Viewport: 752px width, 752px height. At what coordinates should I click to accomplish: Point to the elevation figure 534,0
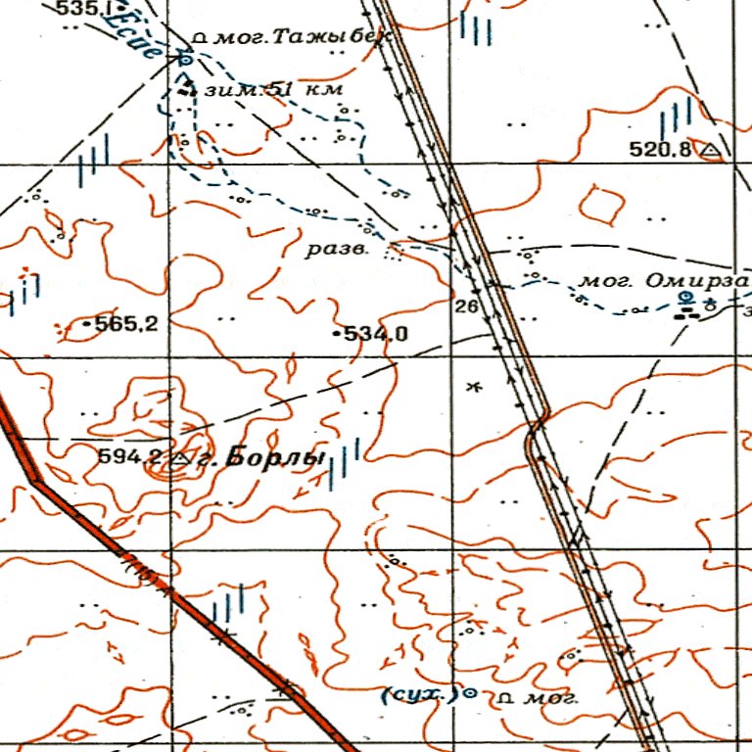pos(375,335)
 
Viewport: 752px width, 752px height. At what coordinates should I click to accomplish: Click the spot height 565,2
pos(125,324)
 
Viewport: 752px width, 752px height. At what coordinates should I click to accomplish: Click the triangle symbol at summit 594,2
pos(179,457)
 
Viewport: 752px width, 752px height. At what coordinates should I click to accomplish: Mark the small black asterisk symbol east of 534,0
pos(475,388)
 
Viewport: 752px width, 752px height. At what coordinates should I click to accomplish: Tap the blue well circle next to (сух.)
pos(468,693)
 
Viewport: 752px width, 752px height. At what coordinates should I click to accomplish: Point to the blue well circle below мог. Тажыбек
pos(184,60)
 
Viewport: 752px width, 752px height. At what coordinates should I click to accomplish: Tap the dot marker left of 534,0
pos(338,335)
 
